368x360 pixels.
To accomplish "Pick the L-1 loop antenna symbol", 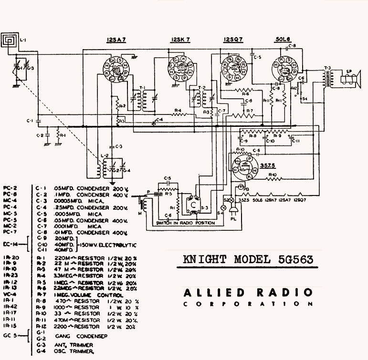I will click(x=9, y=40).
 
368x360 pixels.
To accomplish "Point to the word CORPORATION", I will click(x=248, y=304).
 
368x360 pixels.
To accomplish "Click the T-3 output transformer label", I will click(x=326, y=67).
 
